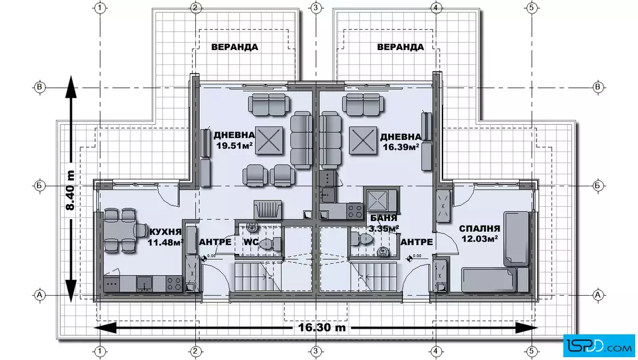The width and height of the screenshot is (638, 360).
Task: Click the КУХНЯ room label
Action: [165, 232]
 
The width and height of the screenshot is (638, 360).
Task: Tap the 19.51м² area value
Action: [235, 145]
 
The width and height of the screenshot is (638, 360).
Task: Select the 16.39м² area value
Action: [401, 147]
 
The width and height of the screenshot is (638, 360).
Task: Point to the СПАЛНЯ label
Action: [480, 228]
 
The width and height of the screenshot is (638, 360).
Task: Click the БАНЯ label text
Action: [384, 218]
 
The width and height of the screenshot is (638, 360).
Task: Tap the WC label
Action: [251, 242]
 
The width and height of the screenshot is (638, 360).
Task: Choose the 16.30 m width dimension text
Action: [322, 327]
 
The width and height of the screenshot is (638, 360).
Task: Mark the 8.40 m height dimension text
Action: [70, 190]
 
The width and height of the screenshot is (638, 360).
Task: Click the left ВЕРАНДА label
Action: [235, 47]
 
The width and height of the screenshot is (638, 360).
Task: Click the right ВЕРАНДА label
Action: [400, 47]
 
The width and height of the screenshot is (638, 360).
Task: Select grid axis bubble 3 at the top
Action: [316, 8]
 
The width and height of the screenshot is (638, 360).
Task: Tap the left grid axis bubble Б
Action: [39, 186]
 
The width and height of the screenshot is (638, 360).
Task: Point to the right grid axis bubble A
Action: [598, 294]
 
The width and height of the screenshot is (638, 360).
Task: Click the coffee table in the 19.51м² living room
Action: [269, 141]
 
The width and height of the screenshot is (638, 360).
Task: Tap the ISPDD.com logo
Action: [599, 346]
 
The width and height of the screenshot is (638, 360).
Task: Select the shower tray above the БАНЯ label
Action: [379, 200]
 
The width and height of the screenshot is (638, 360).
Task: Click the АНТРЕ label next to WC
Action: [215, 242]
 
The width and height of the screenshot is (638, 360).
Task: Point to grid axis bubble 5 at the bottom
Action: [531, 351]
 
